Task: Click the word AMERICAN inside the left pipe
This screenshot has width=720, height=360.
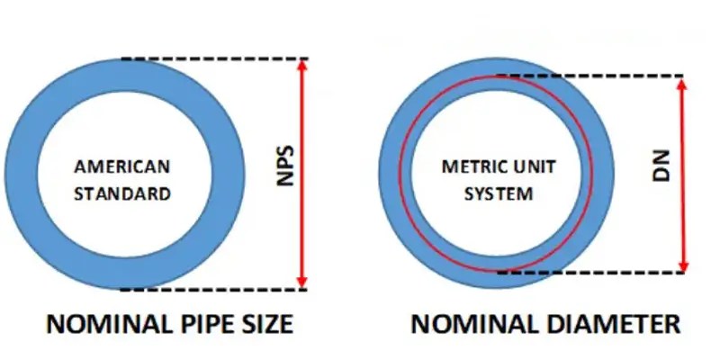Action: (122, 167)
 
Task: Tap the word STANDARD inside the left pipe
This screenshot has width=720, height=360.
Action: (122, 193)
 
